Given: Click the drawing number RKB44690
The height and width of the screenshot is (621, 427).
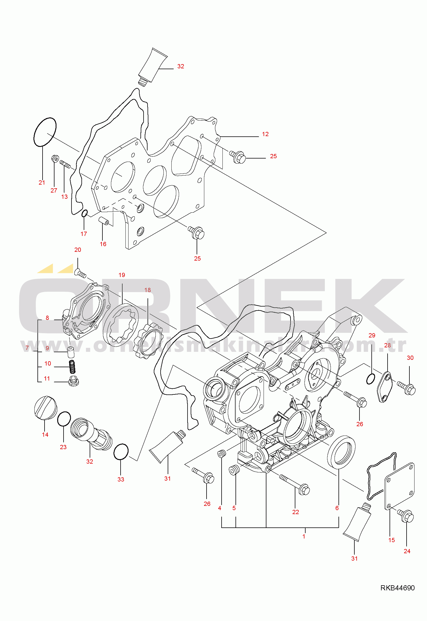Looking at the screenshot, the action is tap(397, 588).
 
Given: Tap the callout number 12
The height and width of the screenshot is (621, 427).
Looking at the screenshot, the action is tap(265, 134).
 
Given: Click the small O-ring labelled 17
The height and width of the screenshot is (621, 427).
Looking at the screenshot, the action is tap(84, 213).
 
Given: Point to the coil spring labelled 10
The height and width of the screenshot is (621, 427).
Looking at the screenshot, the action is tap(73, 367).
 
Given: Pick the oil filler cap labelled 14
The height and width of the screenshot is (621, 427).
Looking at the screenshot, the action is tap(45, 407).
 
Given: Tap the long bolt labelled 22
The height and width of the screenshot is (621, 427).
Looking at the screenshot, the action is tap(295, 485).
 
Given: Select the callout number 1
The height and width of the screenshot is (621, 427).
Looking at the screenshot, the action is tap(304, 536).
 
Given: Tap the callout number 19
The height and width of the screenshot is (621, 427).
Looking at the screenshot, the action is tap(122, 275).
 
